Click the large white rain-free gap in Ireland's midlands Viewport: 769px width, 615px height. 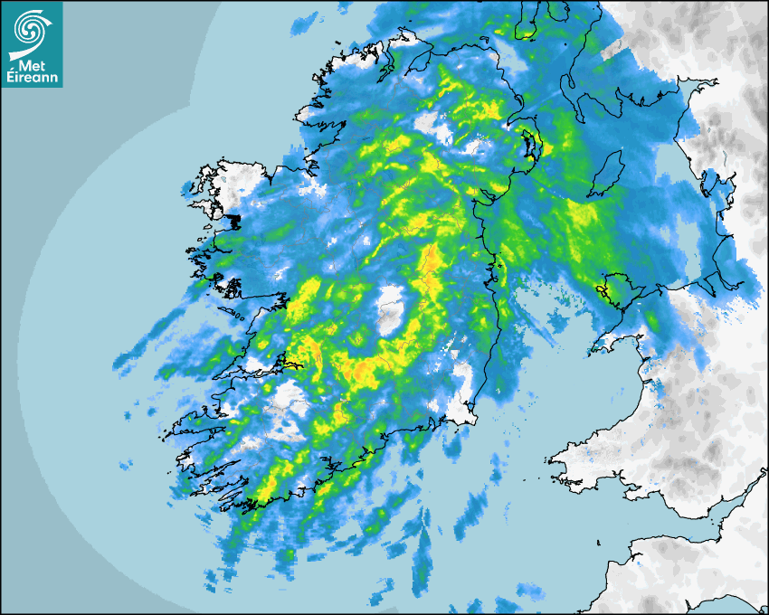[x=391, y=309]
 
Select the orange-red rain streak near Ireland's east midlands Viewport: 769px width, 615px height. [x=432, y=262]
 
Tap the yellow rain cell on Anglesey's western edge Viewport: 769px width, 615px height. [x=601, y=289]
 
